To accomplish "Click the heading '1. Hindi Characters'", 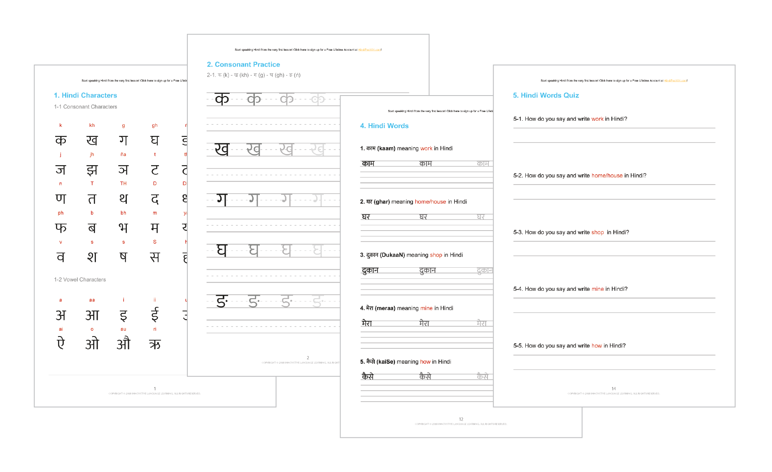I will (x=85, y=95).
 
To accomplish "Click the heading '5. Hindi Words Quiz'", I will (x=546, y=95).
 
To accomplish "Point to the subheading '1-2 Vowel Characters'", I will (x=80, y=280).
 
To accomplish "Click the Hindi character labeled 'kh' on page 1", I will (x=92, y=140).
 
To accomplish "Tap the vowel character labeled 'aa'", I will (x=92, y=315).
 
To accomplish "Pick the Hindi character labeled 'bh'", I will (x=123, y=228).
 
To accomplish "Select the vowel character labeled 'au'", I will (x=123, y=343).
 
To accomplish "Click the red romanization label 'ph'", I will (x=61, y=213).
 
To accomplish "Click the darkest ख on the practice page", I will (x=222, y=149).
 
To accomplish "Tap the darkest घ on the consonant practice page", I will (x=222, y=250).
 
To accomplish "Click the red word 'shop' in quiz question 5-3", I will (x=597, y=232).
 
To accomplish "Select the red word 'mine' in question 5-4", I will (x=597, y=289).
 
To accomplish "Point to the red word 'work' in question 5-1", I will (x=597, y=119).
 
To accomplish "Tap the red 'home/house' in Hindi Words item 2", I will (x=430, y=202).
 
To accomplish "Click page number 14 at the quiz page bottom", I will (x=613, y=388).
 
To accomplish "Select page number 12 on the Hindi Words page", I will (x=461, y=419).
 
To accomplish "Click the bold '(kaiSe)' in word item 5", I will (x=386, y=362).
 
